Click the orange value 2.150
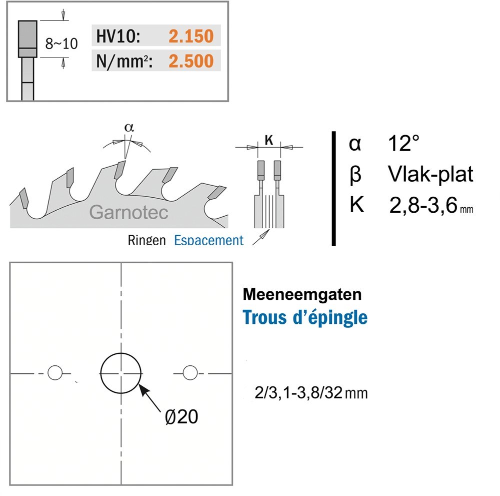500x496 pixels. point(190,37)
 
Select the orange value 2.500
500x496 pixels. point(190,61)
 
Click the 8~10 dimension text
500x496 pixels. point(61,44)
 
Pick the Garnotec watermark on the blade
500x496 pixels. point(128,212)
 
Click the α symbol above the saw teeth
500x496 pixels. point(128,128)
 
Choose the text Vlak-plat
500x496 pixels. point(430,175)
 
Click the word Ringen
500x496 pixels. point(146,241)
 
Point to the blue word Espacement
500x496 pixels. point(208,241)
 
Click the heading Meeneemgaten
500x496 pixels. point(301,294)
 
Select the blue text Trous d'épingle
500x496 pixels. point(305,317)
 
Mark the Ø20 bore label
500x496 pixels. point(181,416)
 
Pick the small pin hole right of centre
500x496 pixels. point(189,373)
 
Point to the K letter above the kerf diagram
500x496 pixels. point(268,142)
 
